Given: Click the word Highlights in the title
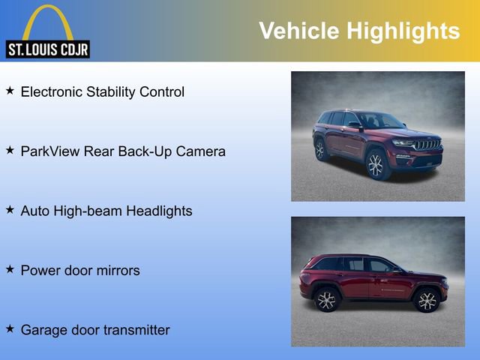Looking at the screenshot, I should point(403,31).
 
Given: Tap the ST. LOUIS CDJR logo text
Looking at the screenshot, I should point(47,50).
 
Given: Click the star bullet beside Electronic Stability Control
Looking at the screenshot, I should point(10,91).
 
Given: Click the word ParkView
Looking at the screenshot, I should point(49,151).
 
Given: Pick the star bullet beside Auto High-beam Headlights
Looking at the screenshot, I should point(10,210).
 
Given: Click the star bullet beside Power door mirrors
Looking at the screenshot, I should point(10,269).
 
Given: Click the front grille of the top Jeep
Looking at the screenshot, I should point(428,144).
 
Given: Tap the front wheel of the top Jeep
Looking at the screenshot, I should point(376,166).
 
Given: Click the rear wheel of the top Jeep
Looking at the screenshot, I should point(321,149).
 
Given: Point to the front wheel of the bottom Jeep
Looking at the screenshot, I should point(427,301).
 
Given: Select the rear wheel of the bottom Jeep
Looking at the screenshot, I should point(326,300).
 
